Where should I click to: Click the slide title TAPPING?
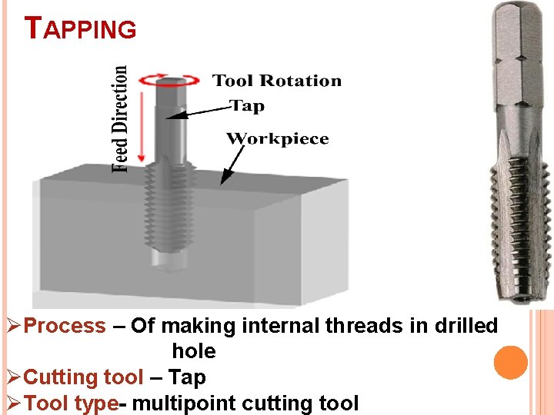pos(81,28)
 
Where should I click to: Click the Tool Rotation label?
pos(276,81)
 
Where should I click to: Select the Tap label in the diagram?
pos(248,106)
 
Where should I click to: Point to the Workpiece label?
pos(277,139)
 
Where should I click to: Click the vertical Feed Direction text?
pos(121,118)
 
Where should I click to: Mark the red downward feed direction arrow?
pos(140,123)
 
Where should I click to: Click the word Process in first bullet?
pos(65,326)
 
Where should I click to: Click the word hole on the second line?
pos(194,351)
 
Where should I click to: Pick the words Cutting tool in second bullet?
pos(83,377)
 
